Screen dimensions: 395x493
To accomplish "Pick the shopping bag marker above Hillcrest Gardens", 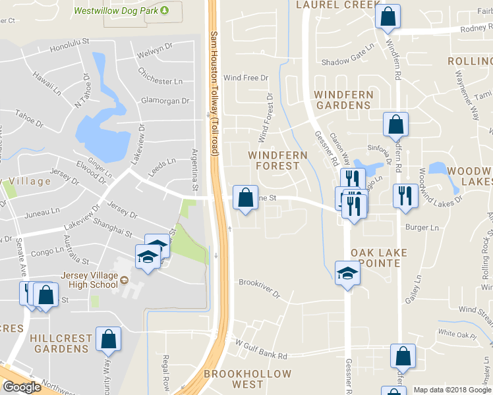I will point(108,339).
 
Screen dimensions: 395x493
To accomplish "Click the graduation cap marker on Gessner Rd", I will point(347,273).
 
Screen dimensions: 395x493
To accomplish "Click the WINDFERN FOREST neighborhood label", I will point(277,160).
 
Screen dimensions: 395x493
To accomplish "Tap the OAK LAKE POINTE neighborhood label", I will point(379,257).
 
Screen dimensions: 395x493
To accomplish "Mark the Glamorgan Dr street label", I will point(165,101).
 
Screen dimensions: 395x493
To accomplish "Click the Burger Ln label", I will point(422,228).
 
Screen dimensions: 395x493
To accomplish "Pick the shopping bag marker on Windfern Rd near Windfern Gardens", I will point(395,124).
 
